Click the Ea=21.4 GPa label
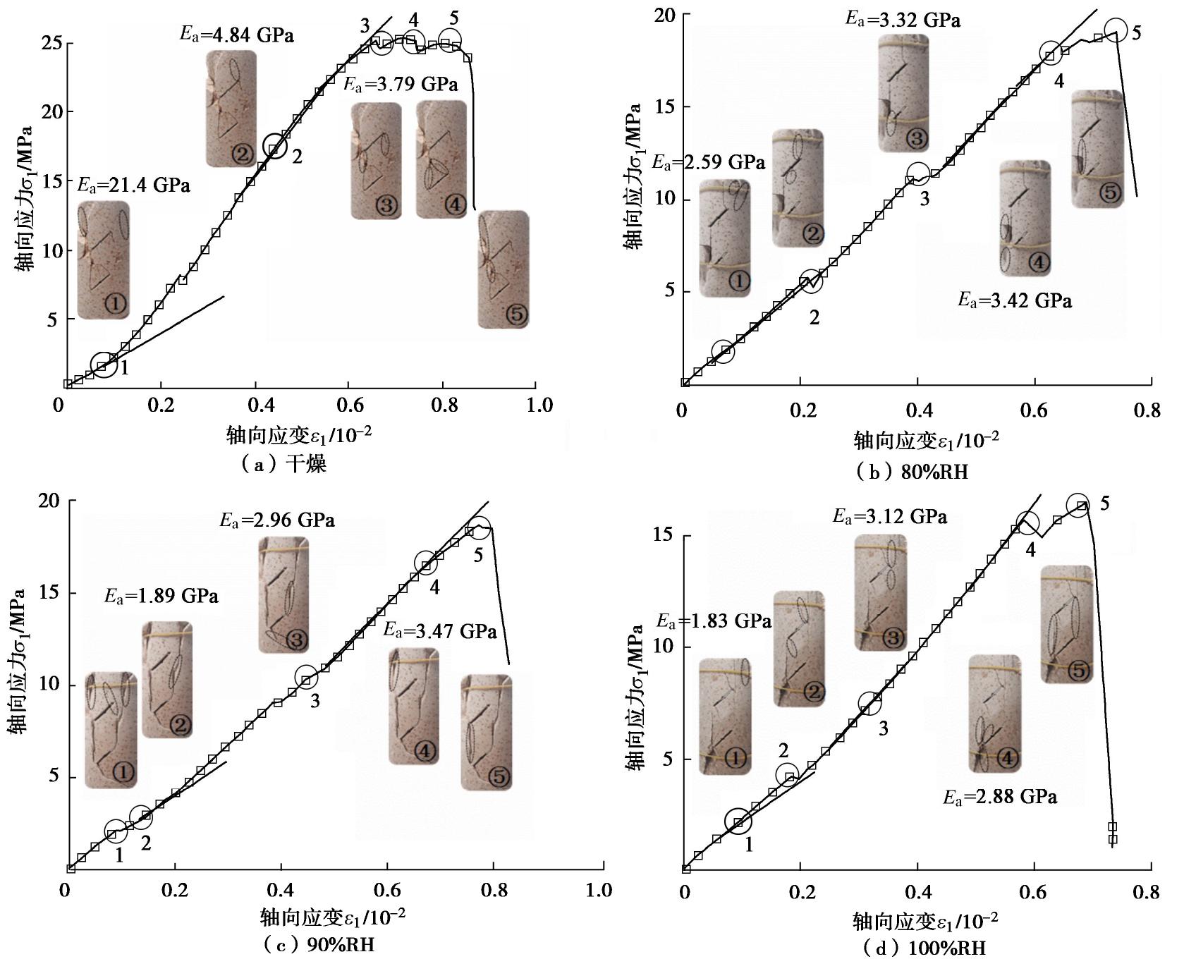click(134, 186)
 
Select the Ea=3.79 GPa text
click(401, 85)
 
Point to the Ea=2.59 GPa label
click(708, 163)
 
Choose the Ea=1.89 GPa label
click(161, 597)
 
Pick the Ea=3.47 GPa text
click(440, 630)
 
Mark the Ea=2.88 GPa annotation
click(1000, 798)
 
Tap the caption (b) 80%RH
click(910, 472)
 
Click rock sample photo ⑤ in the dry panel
click(503, 269)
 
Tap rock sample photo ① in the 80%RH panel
click(725, 238)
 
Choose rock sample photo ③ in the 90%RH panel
click(283, 594)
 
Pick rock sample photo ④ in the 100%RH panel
click(994, 713)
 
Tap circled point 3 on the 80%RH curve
click(917, 173)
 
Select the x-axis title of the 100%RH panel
click(925, 921)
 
